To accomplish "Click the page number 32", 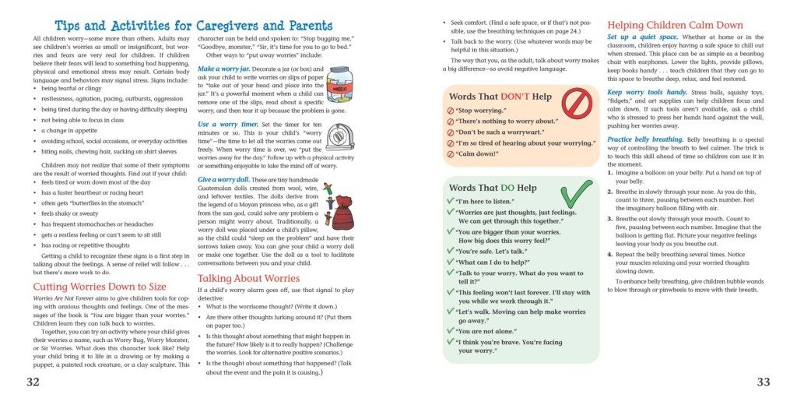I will point(33,381).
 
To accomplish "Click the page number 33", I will point(763,381).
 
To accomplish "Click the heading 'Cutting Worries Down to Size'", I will point(100,287).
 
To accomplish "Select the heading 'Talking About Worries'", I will point(249,278).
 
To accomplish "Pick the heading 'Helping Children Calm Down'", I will point(675,25).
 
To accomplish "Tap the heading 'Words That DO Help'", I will point(493,188).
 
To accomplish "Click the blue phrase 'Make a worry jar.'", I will point(226,69).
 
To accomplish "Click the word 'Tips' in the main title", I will point(75,26).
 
